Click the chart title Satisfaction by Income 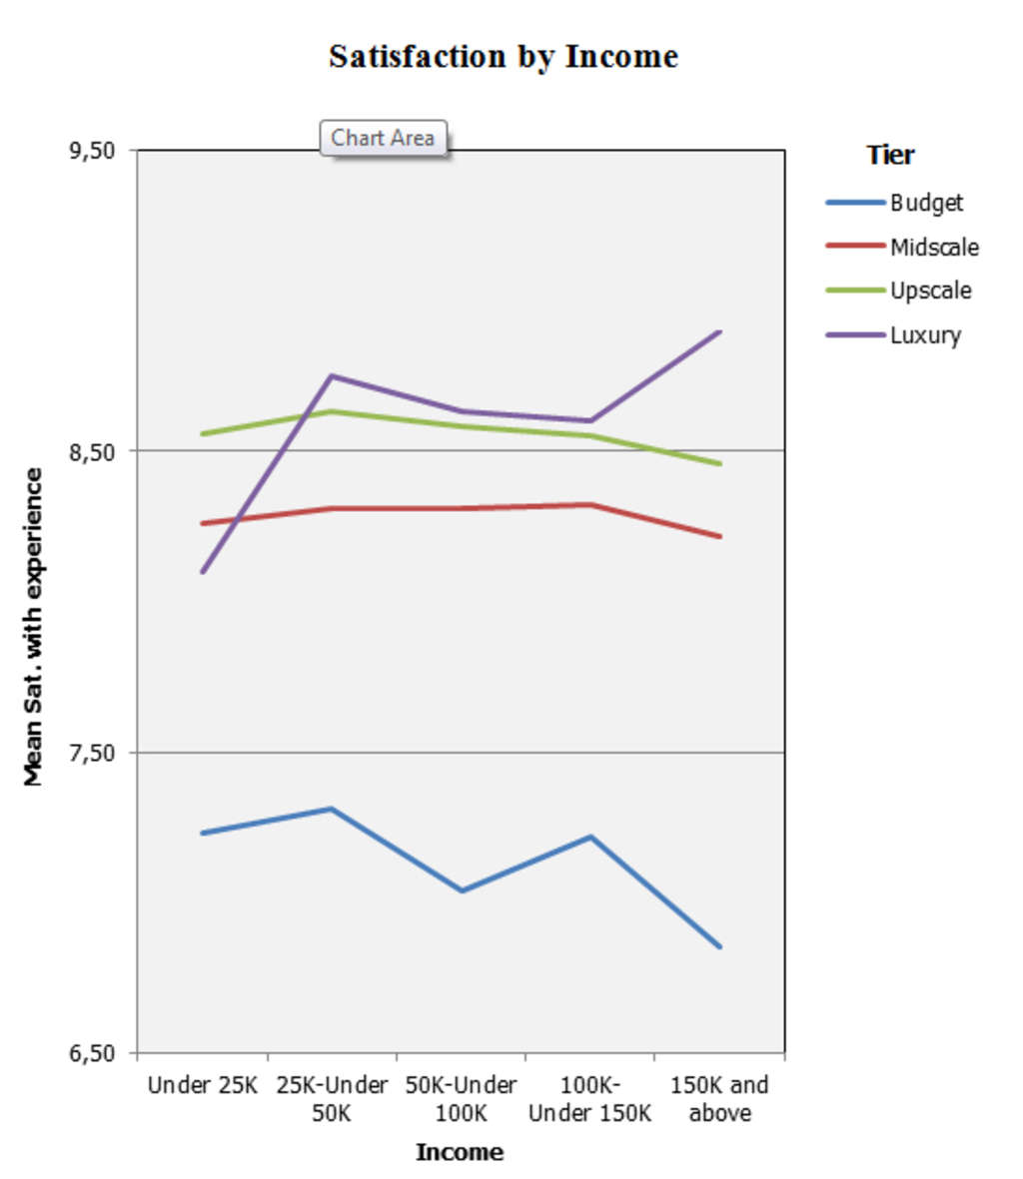coord(504,56)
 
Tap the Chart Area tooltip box coord(383,138)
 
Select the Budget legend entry coord(926,203)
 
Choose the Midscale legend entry coord(934,247)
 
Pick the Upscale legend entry coord(930,291)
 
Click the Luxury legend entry coord(925,334)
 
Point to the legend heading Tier coord(890,155)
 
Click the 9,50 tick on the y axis coord(92,151)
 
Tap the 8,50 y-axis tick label coord(92,451)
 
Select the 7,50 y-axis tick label coord(92,753)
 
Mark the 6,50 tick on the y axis coord(92,1053)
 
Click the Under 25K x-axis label coord(203,1085)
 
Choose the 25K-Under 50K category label coord(332,1098)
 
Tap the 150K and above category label coord(719,1098)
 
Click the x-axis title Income coord(460,1152)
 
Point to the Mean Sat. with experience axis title coord(34,627)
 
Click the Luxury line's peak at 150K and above coord(719,331)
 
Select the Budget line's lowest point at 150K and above coord(719,946)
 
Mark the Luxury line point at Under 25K coord(203,571)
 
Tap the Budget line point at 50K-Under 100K coord(462,890)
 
